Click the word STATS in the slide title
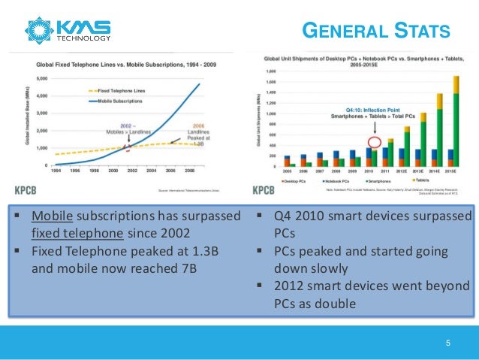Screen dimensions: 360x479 (x=420, y=31)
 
